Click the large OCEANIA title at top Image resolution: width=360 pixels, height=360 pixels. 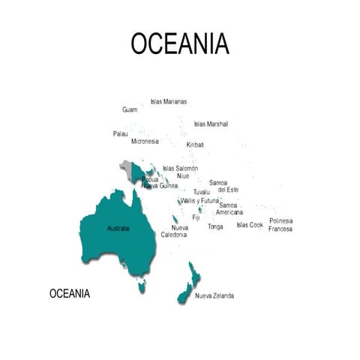(180, 43)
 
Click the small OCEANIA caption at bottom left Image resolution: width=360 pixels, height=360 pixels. (70, 293)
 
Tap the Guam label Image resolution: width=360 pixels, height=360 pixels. (130, 109)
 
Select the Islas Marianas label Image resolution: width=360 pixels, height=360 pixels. (169, 101)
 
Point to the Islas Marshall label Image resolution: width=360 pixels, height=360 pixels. (211, 124)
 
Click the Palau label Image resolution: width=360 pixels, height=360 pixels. (120, 133)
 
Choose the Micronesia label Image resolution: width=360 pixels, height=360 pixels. (145, 141)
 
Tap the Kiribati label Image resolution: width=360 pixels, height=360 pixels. (195, 144)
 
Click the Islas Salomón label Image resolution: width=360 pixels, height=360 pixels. (180, 168)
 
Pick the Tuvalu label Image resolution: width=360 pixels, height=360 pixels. (202, 192)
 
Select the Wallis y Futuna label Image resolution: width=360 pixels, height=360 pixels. (199, 200)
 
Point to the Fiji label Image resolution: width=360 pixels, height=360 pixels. (196, 217)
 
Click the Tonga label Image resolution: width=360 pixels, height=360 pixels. (215, 226)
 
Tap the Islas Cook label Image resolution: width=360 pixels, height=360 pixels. (250, 224)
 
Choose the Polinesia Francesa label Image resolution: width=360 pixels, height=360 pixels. (280, 224)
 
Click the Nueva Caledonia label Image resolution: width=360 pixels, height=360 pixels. (176, 231)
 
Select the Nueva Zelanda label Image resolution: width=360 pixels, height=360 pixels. (214, 295)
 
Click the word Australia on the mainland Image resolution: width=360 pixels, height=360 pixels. (118, 228)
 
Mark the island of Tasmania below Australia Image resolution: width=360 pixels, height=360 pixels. (140, 285)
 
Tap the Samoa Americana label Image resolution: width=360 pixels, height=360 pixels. (229, 208)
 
